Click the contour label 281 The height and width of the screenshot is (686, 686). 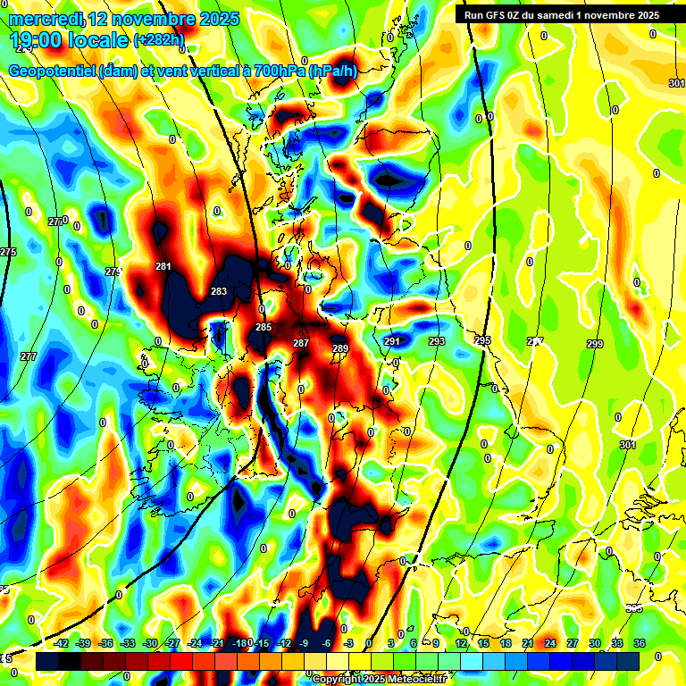coord(163,266)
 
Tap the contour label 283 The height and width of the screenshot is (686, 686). coord(219,292)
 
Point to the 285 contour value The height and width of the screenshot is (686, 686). coord(264,328)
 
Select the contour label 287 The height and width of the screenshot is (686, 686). coord(301,343)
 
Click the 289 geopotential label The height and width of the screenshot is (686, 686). coord(340,348)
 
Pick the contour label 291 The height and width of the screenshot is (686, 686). coord(392,341)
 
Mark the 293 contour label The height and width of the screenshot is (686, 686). coord(437,341)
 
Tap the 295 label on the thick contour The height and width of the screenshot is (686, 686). coord(482,340)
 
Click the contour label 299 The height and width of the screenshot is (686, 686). coord(595,344)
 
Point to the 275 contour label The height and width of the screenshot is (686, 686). coord(8,253)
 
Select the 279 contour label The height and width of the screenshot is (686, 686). coord(113,272)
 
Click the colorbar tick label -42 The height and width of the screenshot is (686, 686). coord(62,643)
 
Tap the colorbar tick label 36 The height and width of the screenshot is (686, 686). coord(640,643)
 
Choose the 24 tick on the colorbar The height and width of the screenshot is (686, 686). coord(550,643)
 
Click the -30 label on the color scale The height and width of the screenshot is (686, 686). coord(150,643)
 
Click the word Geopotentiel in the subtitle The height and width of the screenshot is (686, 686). coord(54,72)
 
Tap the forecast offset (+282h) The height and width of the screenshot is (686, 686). coord(159,39)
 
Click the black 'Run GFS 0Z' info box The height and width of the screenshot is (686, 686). coord(562,15)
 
